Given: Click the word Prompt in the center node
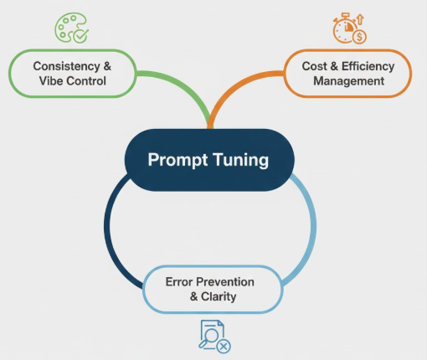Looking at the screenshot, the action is [177, 160].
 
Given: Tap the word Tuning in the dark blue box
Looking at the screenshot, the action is [241, 160].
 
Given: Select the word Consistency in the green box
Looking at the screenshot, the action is [66, 66].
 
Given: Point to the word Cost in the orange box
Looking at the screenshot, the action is [314, 66].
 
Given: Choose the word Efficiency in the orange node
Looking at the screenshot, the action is [368, 67].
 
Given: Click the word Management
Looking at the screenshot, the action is [349, 81].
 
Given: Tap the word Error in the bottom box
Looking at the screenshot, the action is [179, 282].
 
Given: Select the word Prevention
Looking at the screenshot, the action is [225, 282].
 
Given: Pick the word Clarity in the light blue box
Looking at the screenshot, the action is [219, 296].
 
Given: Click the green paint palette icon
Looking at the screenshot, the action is [71, 28].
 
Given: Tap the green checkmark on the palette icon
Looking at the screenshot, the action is [81, 35].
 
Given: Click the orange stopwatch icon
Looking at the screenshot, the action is [346, 28].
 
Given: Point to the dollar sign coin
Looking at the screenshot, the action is [359, 37].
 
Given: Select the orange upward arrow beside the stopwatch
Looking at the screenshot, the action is [360, 19].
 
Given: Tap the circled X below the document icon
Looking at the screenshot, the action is [224, 347].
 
